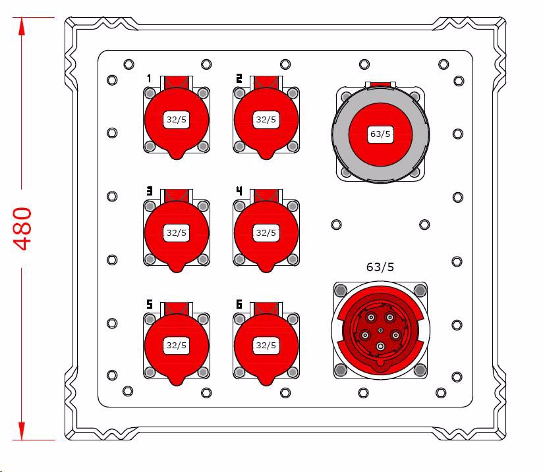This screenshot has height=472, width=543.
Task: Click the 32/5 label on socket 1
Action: coord(176,120)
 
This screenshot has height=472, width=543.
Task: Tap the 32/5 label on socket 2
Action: coord(266,120)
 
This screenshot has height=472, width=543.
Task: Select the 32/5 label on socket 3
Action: coord(176,232)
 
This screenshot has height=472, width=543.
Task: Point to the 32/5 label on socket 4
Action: coord(266,232)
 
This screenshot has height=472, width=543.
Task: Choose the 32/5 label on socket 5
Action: coord(176,346)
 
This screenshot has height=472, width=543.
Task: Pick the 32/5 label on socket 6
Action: coord(266,346)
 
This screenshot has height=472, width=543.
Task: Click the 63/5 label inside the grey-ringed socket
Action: coord(380,134)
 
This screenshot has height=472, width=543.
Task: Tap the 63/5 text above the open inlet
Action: coord(380,267)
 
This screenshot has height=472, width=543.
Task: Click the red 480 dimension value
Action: coord(23,228)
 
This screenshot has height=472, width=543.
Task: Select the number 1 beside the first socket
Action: coord(149,78)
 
